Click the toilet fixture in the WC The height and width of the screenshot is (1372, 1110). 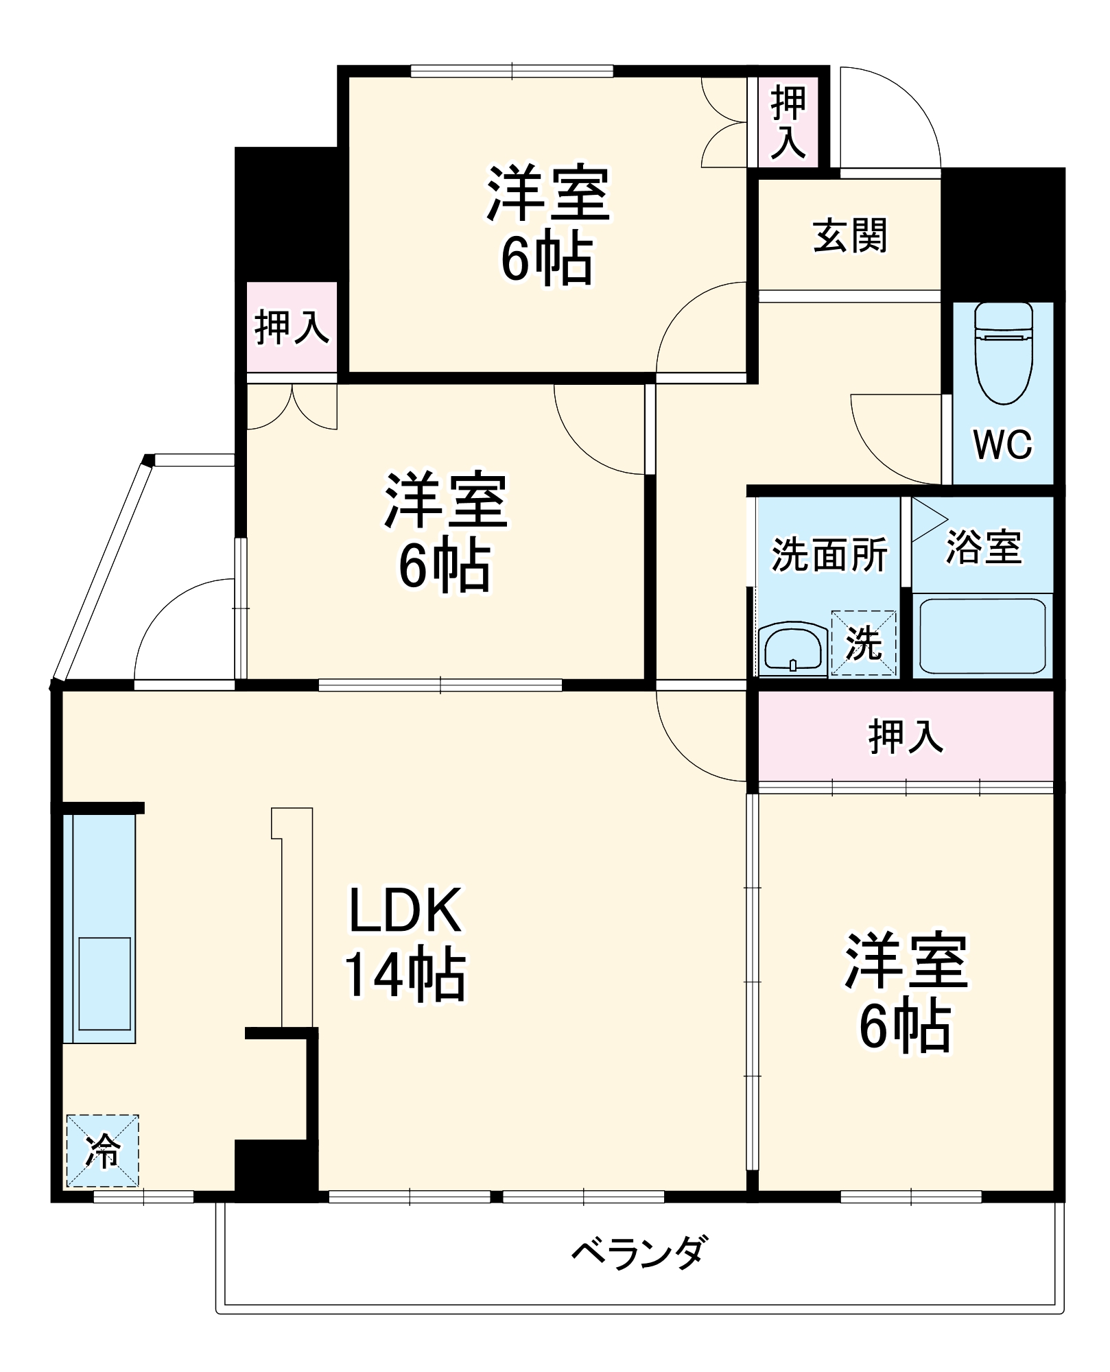point(1004,353)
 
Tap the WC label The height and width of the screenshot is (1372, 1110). point(1002,445)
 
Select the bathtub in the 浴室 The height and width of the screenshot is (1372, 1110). point(982,636)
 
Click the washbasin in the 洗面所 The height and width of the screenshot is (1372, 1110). point(792,647)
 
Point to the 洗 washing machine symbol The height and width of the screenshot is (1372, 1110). point(864,643)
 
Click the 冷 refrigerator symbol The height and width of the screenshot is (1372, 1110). point(103,1150)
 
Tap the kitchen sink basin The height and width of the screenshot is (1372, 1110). point(104,983)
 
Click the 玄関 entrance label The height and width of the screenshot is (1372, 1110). point(850,235)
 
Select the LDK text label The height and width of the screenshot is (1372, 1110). point(405,910)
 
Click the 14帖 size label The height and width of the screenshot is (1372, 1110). point(405,975)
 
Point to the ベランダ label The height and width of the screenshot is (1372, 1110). point(638,1253)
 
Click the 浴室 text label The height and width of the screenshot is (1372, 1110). point(984,547)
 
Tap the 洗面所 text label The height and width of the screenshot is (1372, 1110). point(829,554)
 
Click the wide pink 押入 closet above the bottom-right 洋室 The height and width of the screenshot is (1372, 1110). point(906,736)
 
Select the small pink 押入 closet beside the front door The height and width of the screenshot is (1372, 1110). point(788,121)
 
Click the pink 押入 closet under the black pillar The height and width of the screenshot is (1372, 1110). point(292,327)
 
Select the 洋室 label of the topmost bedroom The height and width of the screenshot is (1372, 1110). point(548,193)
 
